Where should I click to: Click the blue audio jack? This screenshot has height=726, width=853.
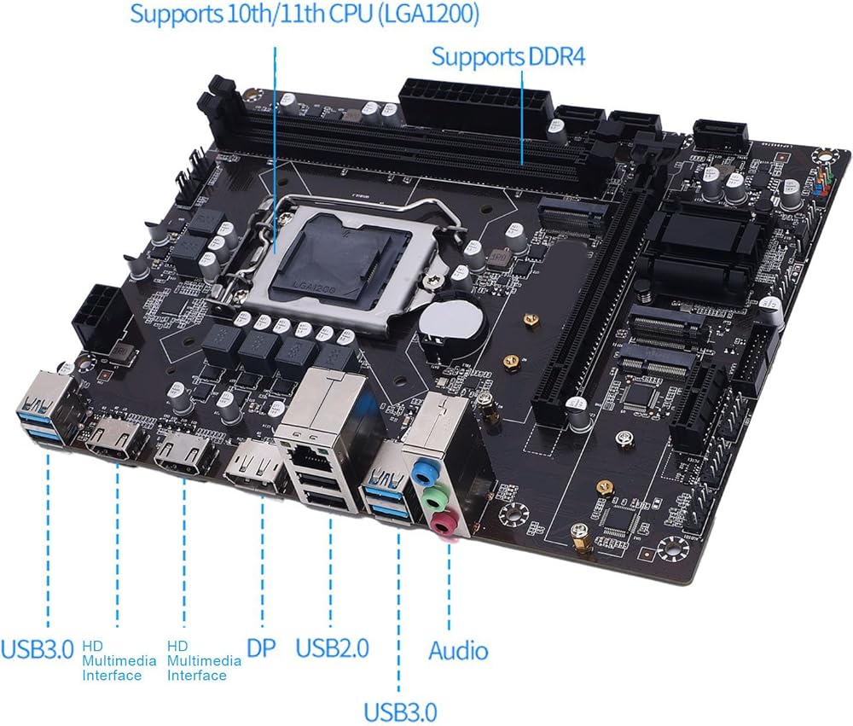[x=421, y=471]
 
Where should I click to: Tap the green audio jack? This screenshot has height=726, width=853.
[x=432, y=497]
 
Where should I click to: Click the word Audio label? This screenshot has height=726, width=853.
[x=458, y=650]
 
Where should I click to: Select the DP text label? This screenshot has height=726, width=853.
[x=261, y=648]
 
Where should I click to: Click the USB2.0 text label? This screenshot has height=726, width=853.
[x=332, y=648]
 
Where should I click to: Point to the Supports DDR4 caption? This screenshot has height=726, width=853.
[x=508, y=56]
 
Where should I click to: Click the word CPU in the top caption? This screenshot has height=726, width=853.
[x=350, y=14]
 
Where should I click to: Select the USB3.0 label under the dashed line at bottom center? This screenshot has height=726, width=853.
[x=400, y=711]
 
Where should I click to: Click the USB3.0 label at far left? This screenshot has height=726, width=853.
[x=37, y=648]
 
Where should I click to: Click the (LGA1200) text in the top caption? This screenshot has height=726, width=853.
[x=428, y=14]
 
